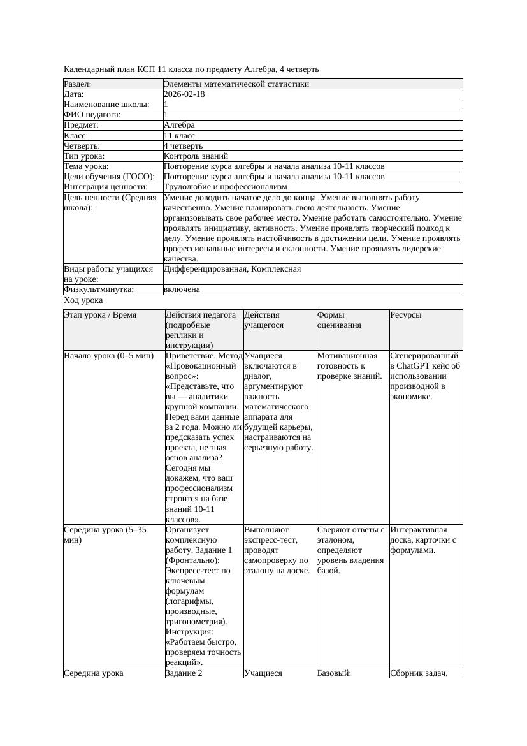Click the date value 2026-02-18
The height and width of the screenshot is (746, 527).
184,94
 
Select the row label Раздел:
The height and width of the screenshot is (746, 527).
78,84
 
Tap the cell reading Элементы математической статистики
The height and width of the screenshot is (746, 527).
236,84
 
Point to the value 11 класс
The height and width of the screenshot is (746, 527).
179,136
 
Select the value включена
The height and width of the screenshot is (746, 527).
182,289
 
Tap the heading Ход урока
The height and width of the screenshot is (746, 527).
83,300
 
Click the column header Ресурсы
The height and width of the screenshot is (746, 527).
405,315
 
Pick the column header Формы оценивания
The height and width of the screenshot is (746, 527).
338,319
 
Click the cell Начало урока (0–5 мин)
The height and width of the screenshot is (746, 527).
108,356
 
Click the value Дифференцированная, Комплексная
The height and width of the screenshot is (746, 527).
232,269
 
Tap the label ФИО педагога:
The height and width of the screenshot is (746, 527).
92,115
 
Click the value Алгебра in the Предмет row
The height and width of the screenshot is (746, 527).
179,125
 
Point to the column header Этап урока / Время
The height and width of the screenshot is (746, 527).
100,315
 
